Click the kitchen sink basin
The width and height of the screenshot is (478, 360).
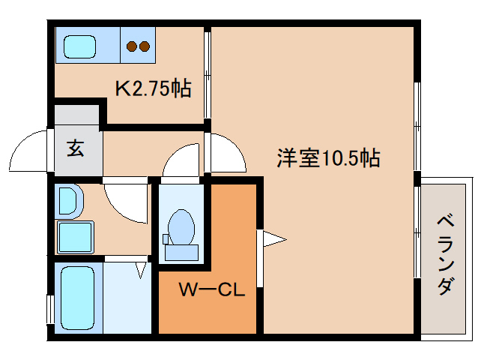pyautogui.click(x=79, y=46)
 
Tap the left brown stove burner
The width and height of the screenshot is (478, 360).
pyautogui.click(x=132, y=46)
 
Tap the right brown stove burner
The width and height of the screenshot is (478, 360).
pyautogui.click(x=145, y=46)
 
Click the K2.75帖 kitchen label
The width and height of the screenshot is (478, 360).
pyautogui.click(x=154, y=88)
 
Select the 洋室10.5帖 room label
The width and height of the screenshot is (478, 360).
pyautogui.click(x=329, y=157)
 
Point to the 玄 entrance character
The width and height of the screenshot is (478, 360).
pyautogui.click(x=76, y=148)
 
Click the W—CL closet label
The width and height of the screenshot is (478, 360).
pyautogui.click(x=212, y=289)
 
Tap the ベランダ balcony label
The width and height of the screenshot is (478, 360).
pyautogui.click(x=446, y=255)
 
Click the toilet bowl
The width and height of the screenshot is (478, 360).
pyautogui.click(x=181, y=227)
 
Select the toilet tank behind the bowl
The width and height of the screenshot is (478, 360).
pyautogui.click(x=181, y=252)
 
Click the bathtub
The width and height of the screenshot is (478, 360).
pyautogui.click(x=77, y=298)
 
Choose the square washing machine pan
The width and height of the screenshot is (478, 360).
pyautogui.click(x=76, y=237)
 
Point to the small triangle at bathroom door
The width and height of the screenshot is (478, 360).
pyautogui.click(x=141, y=270)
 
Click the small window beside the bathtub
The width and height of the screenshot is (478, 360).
pyautogui.click(x=50, y=308)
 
